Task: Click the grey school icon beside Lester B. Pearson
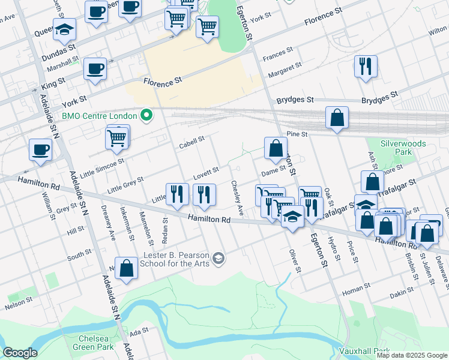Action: click(x=219, y=259)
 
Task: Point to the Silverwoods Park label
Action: click(x=404, y=148)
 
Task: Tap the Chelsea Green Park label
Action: click(x=93, y=343)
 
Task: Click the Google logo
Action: click(x=20, y=353)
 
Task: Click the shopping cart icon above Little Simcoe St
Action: click(x=117, y=137)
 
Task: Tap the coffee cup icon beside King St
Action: click(x=95, y=69)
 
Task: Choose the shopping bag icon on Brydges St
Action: click(x=337, y=118)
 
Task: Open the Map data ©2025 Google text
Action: click(x=411, y=355)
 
